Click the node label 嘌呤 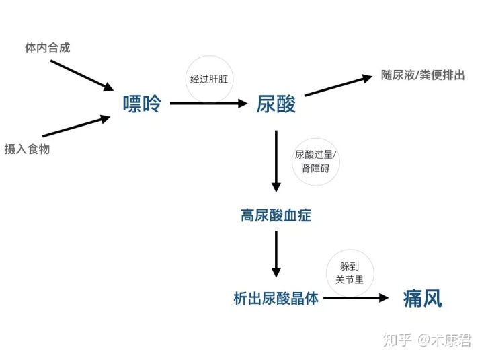pos(142,104)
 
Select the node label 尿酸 pos(276,104)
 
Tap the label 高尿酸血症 pos(276,216)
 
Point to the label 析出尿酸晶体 pos(276,299)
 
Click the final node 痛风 pos(423,298)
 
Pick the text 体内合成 pos(48,48)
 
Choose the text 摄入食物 pos(27,149)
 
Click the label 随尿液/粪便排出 pos(423,75)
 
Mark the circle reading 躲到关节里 pos(350,273)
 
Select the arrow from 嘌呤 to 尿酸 pos(209,104)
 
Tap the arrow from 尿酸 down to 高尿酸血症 pos(276,161)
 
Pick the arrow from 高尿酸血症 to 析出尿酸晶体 pos(276,254)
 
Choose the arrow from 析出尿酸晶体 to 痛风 pos(356,298)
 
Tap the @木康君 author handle pos(444,340)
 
